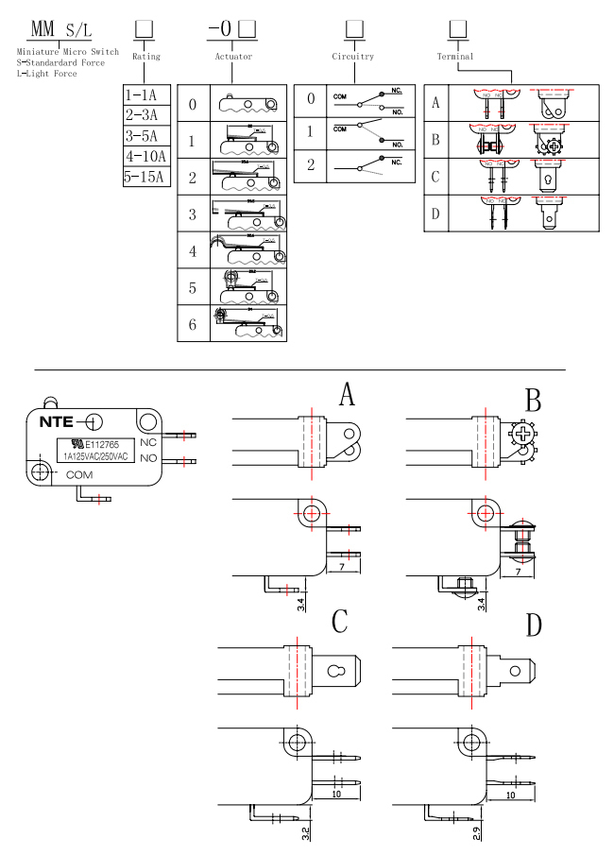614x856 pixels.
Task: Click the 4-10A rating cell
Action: (x=145, y=156)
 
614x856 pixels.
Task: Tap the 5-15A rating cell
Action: (x=145, y=177)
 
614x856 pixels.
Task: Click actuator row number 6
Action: (x=193, y=324)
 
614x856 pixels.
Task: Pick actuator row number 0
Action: (x=193, y=104)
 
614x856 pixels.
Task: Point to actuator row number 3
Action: (x=193, y=214)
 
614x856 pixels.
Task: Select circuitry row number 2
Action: (x=309, y=164)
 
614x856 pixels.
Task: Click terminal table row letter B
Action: (x=435, y=139)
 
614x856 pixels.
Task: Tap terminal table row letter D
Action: (x=435, y=214)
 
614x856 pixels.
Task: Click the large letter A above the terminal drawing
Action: (x=347, y=395)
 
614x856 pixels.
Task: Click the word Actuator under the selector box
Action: (x=232, y=58)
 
